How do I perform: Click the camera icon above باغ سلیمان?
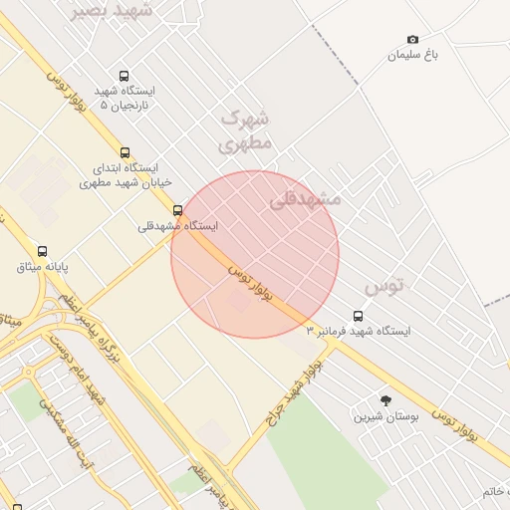[x=413, y=39]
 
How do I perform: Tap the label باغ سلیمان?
[x=413, y=55]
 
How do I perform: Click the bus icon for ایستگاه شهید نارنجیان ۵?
[x=124, y=76]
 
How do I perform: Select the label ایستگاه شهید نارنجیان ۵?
[x=126, y=97]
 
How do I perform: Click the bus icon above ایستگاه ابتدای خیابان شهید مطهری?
[x=125, y=153]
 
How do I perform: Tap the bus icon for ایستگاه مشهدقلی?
[x=178, y=210]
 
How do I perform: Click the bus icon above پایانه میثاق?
[x=42, y=251]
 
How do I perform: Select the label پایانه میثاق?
[x=42, y=267]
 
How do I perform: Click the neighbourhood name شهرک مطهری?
[x=245, y=130]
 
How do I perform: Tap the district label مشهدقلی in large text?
[x=305, y=199]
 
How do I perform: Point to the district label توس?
[x=384, y=286]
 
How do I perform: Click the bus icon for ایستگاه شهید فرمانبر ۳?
[x=359, y=316]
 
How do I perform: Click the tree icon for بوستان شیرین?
[x=386, y=400]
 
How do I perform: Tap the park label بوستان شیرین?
[x=385, y=415]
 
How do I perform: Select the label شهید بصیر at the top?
[x=113, y=10]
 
